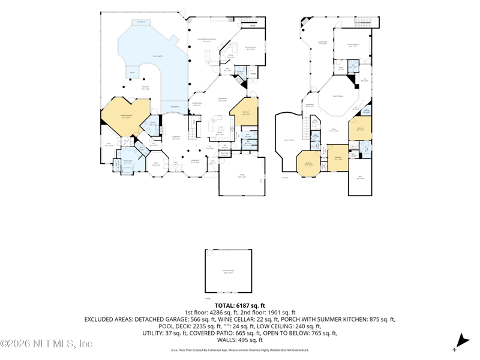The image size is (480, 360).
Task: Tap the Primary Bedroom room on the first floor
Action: click(x=127, y=118)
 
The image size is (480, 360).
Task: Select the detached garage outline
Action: click(x=228, y=271)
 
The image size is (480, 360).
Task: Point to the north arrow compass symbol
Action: click(x=461, y=342)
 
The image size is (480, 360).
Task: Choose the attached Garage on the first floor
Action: click(x=242, y=176)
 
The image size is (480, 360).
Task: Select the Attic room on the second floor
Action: click(x=360, y=177)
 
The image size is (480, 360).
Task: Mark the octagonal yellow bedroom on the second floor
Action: click(x=308, y=163)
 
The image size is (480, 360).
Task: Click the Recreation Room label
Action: click(x=251, y=47)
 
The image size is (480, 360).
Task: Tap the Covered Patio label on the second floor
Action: click(x=322, y=43)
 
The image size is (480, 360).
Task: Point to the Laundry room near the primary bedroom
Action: click(x=152, y=125)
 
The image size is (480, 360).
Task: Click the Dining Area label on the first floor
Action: click(x=195, y=161)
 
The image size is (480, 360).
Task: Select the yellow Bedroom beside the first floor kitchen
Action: click(x=246, y=112)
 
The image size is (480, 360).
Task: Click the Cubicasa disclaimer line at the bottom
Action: click(x=239, y=349)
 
